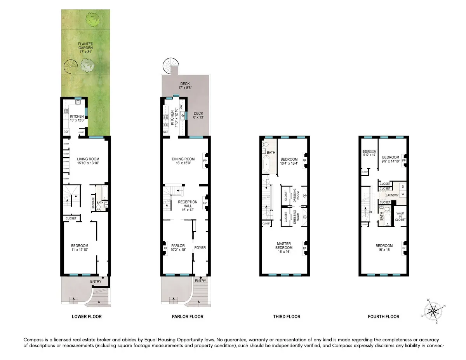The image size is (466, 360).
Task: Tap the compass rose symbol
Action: click(432, 311)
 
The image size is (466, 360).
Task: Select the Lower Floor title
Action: click(87, 317)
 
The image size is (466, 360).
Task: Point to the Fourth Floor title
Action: click(383, 317)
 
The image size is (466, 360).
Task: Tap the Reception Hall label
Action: click(188, 204)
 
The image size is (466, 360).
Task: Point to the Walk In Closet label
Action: click(400, 217)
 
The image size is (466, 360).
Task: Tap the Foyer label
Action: click(200, 248)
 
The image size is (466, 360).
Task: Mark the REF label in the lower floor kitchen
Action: click(66, 132)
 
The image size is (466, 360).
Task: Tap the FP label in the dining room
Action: click(205, 159)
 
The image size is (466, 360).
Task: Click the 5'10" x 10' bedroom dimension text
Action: click(369, 154)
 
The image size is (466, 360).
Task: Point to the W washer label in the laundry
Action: click(402, 194)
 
